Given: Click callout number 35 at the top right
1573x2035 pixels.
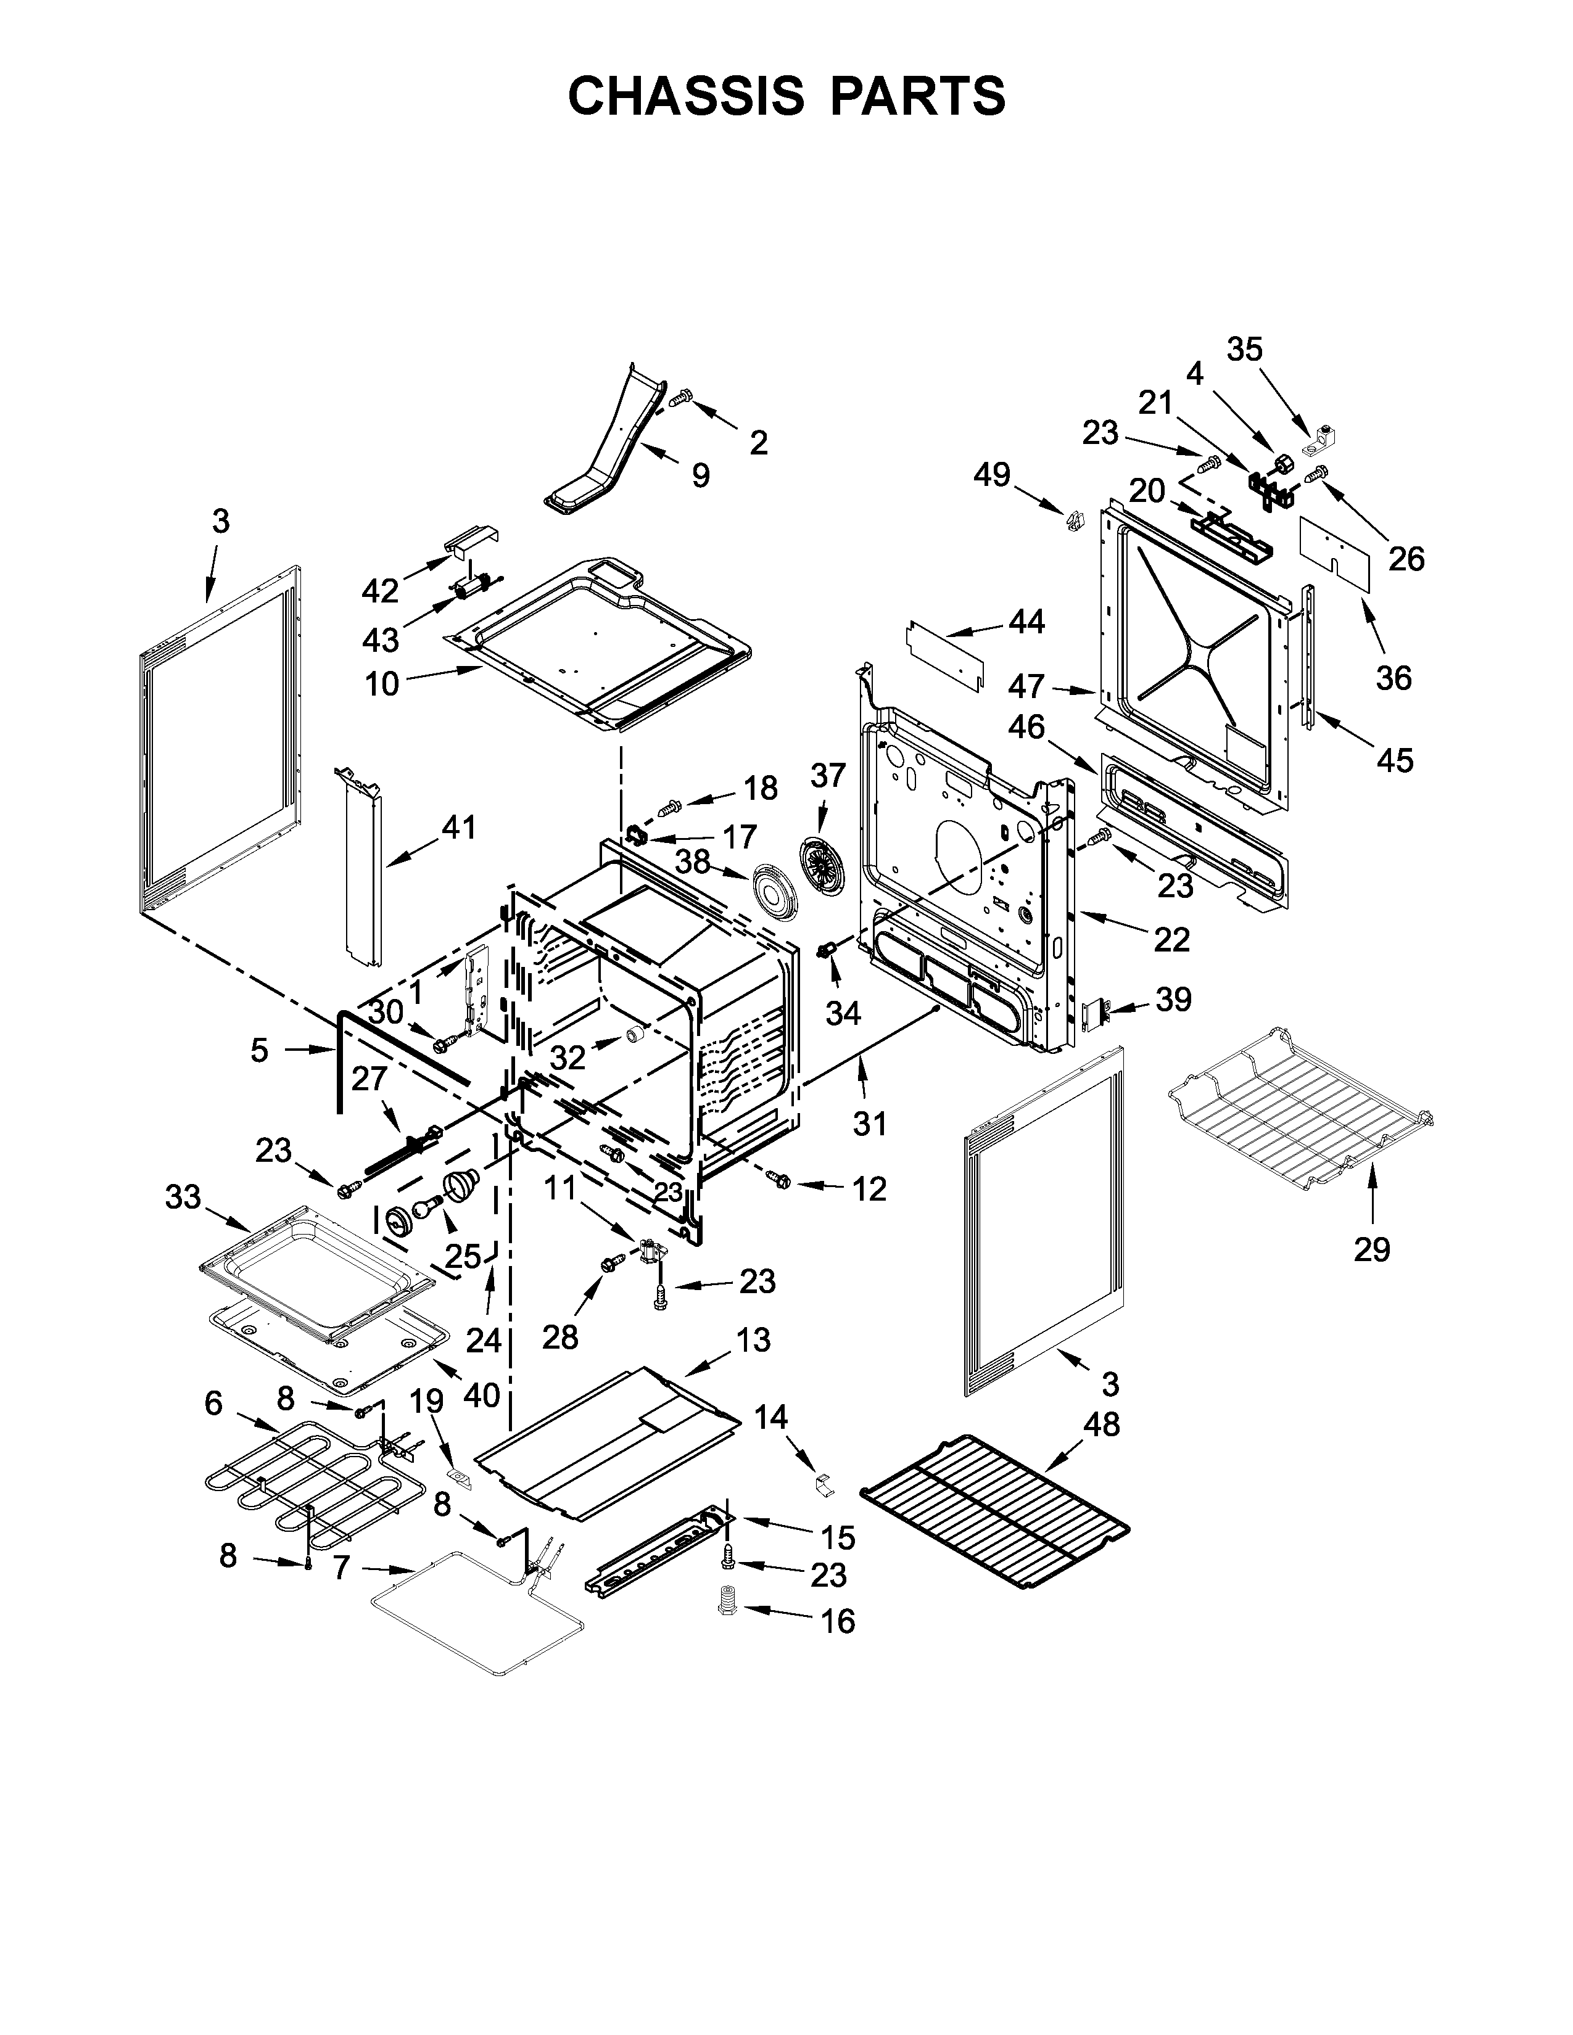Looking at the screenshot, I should tap(1244, 350).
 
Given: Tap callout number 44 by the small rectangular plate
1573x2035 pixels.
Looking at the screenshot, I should tap(1027, 622).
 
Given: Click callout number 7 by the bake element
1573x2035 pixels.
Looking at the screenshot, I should tap(341, 1569).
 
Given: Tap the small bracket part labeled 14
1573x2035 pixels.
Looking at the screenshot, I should tap(821, 1483).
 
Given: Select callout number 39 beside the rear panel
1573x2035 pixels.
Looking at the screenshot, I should tap(1173, 1000).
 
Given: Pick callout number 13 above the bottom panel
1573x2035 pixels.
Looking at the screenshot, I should tap(753, 1340).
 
